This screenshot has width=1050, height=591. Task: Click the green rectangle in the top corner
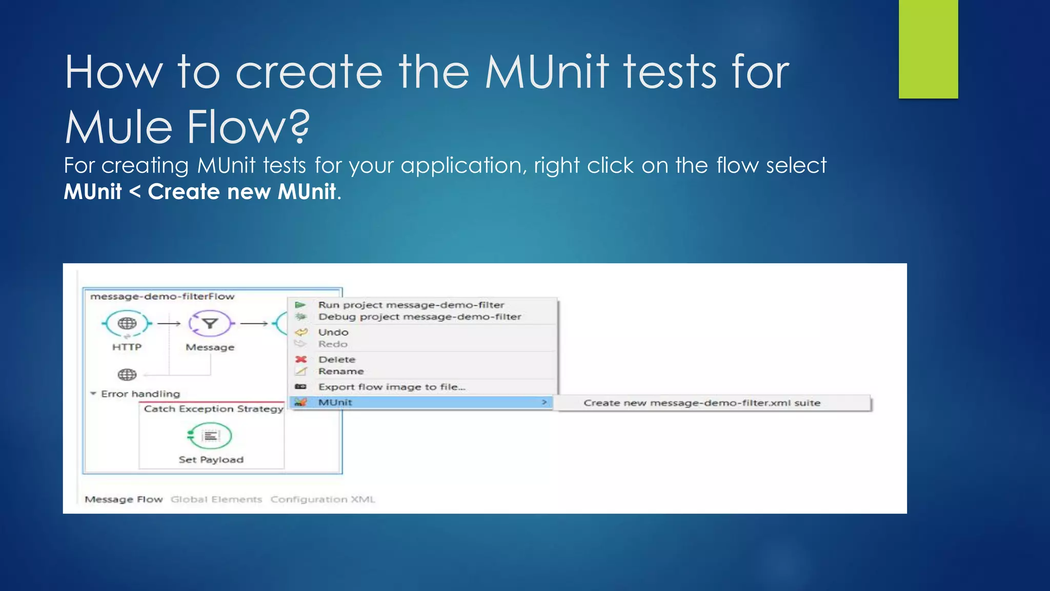coord(928,49)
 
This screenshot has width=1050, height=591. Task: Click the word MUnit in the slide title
coord(547,72)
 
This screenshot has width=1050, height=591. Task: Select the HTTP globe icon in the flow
coord(127,323)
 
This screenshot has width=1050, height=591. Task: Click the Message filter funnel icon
coord(210,323)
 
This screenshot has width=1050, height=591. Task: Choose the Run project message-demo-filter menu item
coord(411,305)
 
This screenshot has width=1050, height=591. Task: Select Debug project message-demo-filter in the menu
coord(419,317)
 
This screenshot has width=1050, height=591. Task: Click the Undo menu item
coord(333,332)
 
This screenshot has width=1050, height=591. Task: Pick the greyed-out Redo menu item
coord(333,344)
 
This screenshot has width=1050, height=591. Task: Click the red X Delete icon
coord(301,359)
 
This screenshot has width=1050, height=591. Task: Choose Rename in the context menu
coord(341,371)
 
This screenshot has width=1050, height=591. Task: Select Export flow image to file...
coord(392,387)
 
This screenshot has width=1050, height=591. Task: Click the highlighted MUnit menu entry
coord(335,402)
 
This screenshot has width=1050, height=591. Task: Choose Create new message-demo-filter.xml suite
coord(701,403)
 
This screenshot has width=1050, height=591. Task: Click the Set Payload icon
coord(210,436)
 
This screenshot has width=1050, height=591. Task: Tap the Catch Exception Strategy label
coord(213,408)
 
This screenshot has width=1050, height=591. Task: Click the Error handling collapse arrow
coord(93,393)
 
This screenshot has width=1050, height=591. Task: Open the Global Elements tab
coord(216,499)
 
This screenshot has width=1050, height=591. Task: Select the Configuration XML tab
coord(322,499)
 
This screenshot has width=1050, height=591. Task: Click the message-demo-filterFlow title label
coord(162,296)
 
